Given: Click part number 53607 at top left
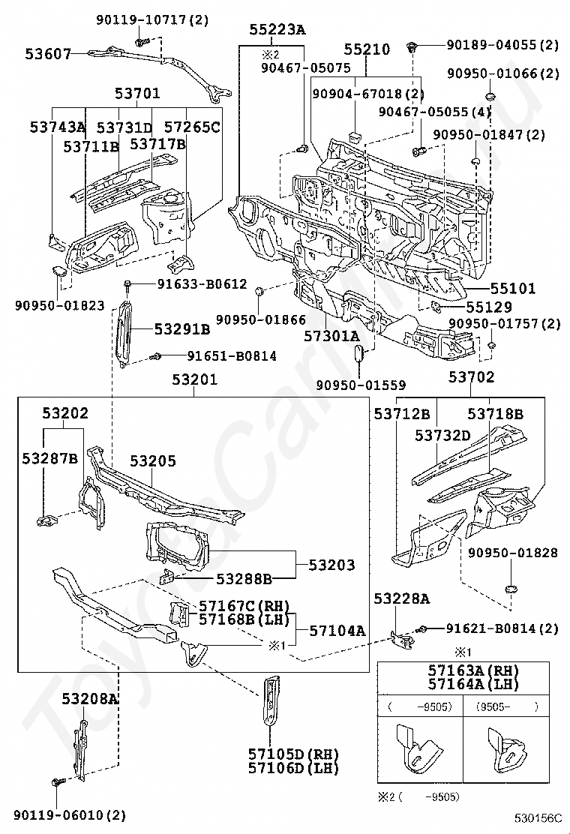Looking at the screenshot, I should pyautogui.click(x=48, y=54).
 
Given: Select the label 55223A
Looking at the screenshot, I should pyautogui.click(x=277, y=30).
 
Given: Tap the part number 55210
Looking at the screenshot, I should pyautogui.click(x=367, y=49).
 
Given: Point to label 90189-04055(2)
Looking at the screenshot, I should pyautogui.click(x=502, y=45).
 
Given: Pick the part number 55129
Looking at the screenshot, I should pyautogui.click(x=488, y=307).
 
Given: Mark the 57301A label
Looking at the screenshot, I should pyautogui.click(x=332, y=337).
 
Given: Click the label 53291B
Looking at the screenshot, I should pyautogui.click(x=182, y=328).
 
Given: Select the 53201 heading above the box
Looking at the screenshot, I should pyautogui.click(x=193, y=380).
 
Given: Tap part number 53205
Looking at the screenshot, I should pyautogui.click(x=153, y=461).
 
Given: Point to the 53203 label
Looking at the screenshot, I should pyautogui.click(x=331, y=565).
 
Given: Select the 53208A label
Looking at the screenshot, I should pyautogui.click(x=90, y=699).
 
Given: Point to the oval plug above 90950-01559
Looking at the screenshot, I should pyautogui.click(x=358, y=352).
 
